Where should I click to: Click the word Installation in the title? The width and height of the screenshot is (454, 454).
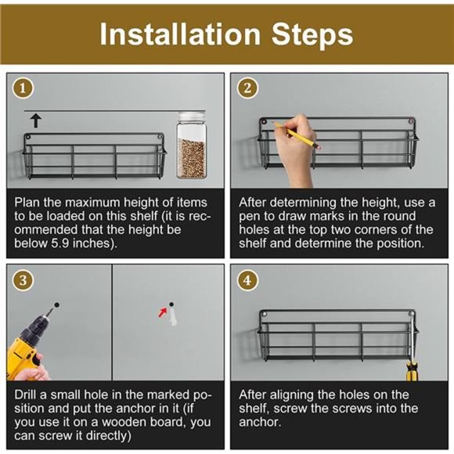[x=180, y=34]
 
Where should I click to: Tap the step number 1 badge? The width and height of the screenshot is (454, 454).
[x=23, y=88]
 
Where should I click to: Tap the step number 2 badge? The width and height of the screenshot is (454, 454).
[x=247, y=88]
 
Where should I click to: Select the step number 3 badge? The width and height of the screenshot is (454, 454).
[x=23, y=280]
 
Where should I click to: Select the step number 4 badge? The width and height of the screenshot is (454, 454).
[x=247, y=280]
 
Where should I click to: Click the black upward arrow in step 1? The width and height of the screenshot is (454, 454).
[x=36, y=121]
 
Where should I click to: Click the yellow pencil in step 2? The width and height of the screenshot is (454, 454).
[x=297, y=135]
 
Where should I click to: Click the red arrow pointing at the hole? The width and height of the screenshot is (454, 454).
[x=163, y=312]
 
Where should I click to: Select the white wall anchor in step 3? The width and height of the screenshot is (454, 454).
[x=173, y=316]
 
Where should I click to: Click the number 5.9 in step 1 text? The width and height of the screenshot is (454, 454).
[x=60, y=243]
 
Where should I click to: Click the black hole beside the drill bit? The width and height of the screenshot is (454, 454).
[x=56, y=305]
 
